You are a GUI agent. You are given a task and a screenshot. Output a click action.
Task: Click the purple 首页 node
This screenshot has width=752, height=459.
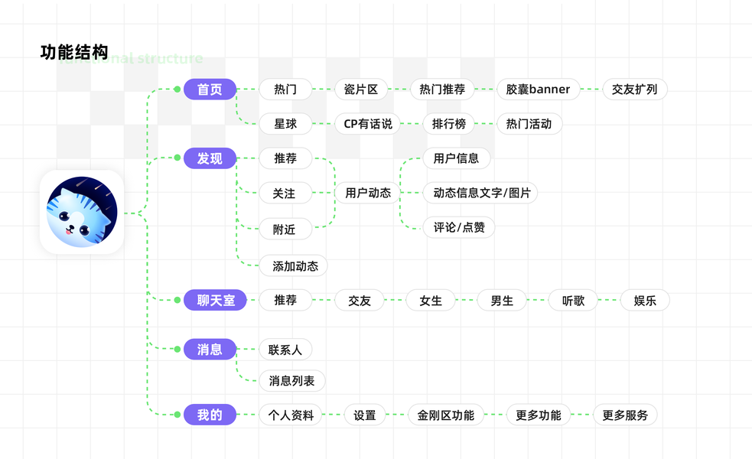pyautogui.click(x=210, y=90)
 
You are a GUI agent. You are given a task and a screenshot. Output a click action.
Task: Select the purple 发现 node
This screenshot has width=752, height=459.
pyautogui.click(x=210, y=158)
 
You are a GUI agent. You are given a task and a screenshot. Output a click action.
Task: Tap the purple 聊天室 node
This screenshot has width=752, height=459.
pyautogui.click(x=215, y=301)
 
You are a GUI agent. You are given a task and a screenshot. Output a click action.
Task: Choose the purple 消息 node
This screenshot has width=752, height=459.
pyautogui.click(x=210, y=350)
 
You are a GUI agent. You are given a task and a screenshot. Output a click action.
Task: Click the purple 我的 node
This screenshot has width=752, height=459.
pyautogui.click(x=210, y=415)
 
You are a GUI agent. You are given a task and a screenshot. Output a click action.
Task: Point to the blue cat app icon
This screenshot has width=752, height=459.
pyautogui.click(x=81, y=212)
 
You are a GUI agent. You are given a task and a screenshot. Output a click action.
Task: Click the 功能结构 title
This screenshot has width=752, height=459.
pyautogui.click(x=74, y=53)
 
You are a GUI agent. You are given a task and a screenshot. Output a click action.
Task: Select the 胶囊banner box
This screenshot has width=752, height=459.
pyautogui.click(x=538, y=90)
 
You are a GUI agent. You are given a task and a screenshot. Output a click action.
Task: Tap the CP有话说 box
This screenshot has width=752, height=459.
pyautogui.click(x=367, y=124)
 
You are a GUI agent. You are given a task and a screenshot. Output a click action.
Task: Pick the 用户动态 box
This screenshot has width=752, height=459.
pyautogui.click(x=368, y=194)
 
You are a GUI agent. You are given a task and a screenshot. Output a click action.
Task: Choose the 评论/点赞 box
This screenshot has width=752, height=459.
pyautogui.click(x=459, y=228)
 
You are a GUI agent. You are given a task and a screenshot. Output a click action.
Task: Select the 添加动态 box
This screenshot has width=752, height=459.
pyautogui.click(x=295, y=266)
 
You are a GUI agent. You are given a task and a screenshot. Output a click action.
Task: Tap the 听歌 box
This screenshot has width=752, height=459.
pyautogui.click(x=573, y=301)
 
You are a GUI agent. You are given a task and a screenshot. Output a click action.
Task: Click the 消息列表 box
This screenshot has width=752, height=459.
pyautogui.click(x=291, y=381)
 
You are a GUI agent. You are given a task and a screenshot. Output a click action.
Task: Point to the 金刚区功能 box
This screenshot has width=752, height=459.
pyautogui.click(x=445, y=415)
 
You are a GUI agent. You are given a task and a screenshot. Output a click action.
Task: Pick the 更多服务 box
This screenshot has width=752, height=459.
pyautogui.click(x=625, y=415)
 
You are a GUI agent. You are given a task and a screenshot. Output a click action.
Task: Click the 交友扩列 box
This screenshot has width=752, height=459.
pyautogui.click(x=635, y=90)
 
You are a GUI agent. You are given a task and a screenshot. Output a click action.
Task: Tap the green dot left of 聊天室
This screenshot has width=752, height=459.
pyautogui.click(x=177, y=301)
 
